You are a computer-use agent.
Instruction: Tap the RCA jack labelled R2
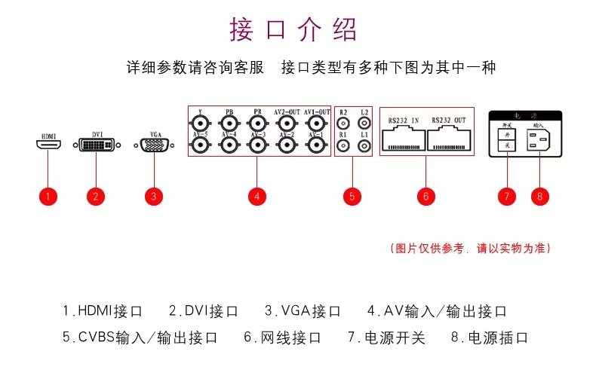[x=343, y=123]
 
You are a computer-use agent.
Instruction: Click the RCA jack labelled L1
[x=364, y=145]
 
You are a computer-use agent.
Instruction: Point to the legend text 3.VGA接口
[x=303, y=310]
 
